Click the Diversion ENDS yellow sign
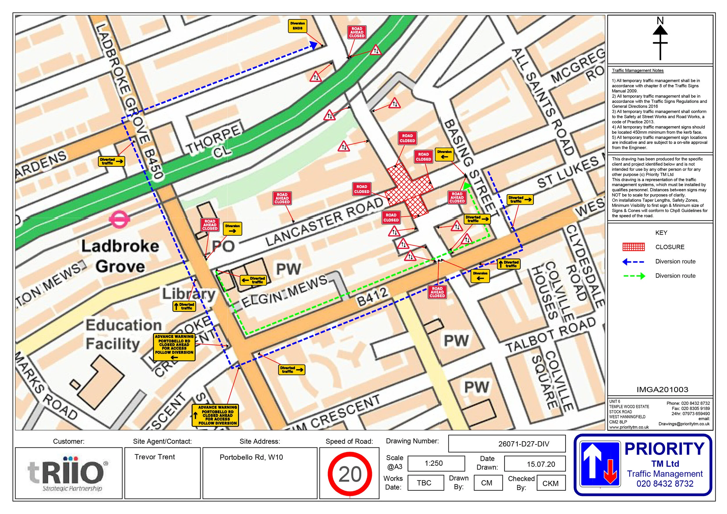tap(297, 26)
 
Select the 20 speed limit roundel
tap(350, 474)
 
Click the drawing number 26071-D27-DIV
tap(523, 444)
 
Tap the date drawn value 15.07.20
tap(541, 464)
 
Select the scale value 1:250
tap(433, 463)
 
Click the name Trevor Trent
tap(154, 457)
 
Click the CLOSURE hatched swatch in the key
tap(633, 247)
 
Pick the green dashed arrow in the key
tap(634, 276)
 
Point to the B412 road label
tap(372, 297)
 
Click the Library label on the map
tap(189, 294)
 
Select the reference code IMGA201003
tap(662, 390)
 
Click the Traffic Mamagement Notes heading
tap(637, 71)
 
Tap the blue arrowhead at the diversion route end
tap(313, 45)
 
